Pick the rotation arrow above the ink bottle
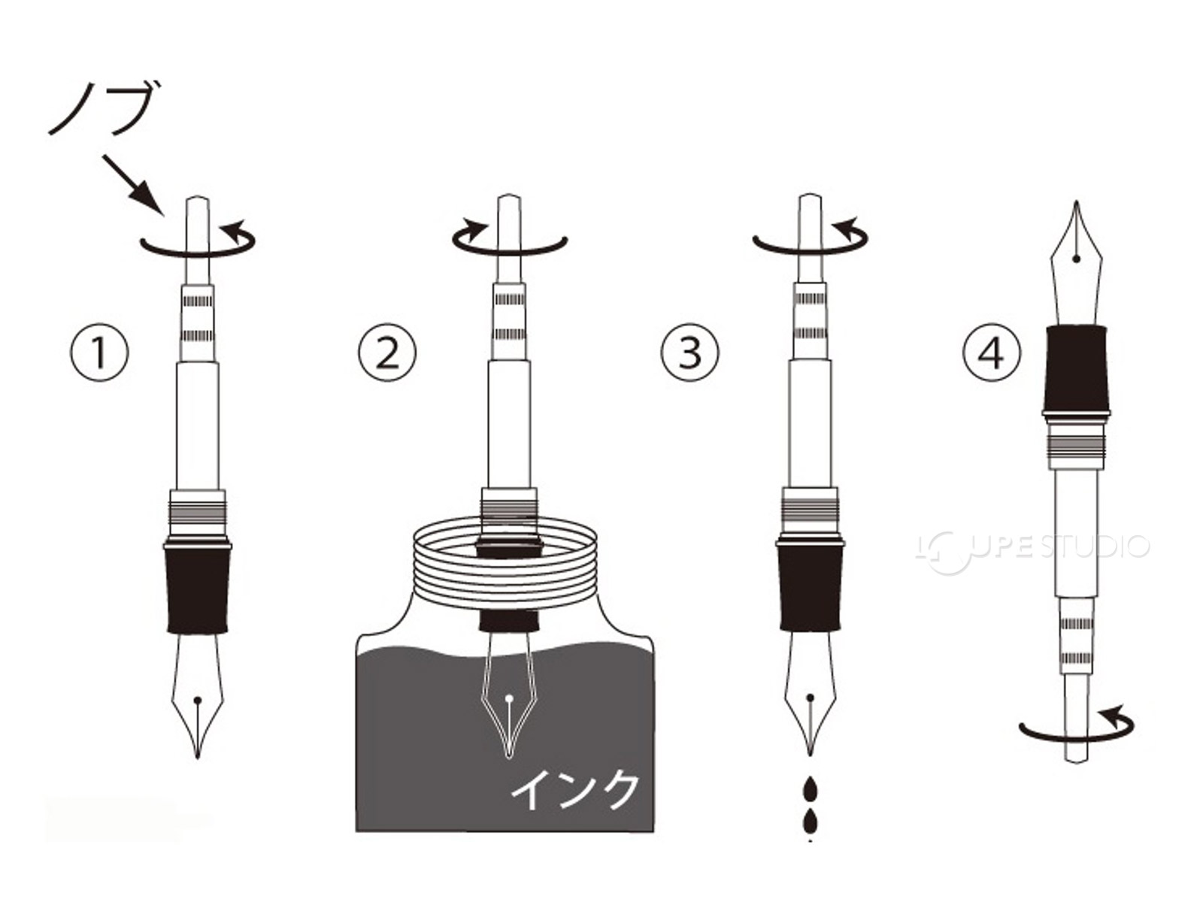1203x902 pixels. (x=509, y=239)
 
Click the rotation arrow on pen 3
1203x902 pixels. (x=811, y=239)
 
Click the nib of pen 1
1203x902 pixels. (x=198, y=695)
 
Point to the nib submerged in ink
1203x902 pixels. (x=509, y=695)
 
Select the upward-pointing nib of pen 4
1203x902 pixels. (x=1077, y=263)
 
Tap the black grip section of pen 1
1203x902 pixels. (x=198, y=589)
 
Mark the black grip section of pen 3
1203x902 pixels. (x=811, y=589)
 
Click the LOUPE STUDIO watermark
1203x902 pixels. (x=1032, y=547)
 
